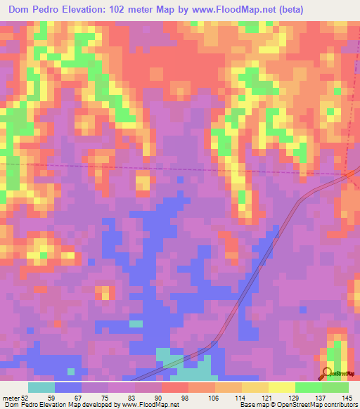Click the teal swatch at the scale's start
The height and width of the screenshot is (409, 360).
pyautogui.click(x=41, y=387)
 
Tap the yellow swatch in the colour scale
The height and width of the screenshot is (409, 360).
pyautogui.click(x=281, y=387)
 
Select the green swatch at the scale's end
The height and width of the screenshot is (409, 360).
pyautogui.click(x=335, y=387)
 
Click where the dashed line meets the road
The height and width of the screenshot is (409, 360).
pyautogui.click(x=346, y=175)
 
